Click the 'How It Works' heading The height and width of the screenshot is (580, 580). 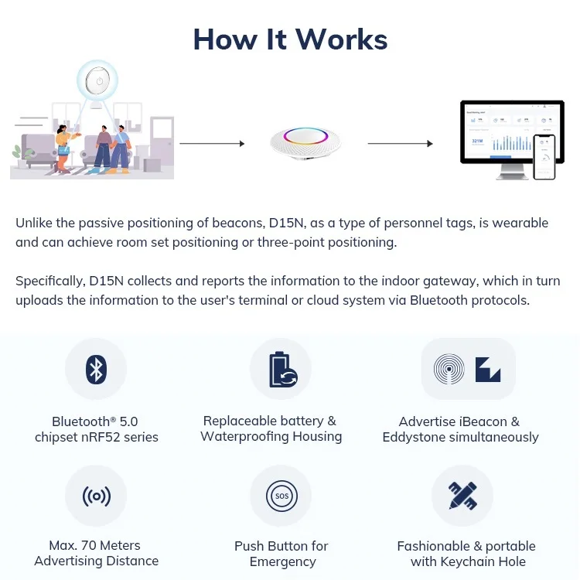[290, 39]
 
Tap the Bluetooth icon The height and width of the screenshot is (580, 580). [96, 369]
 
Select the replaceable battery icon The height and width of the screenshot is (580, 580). [281, 369]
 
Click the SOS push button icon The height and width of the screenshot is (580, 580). [281, 495]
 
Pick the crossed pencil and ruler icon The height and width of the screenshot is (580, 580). [462, 495]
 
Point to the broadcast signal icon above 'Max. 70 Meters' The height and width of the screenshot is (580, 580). [96, 495]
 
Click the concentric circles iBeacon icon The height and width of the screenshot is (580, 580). [449, 369]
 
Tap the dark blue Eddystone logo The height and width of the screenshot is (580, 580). [488, 369]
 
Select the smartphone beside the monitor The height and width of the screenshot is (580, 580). [544, 156]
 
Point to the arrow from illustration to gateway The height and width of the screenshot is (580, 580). [212, 143]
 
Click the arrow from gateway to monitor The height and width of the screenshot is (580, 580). [400, 143]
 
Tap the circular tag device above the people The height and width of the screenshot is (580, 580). [97, 81]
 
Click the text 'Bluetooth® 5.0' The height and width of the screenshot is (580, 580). [94, 421]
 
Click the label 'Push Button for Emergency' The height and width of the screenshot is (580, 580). [281, 554]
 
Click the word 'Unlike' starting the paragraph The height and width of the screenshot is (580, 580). [34, 223]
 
